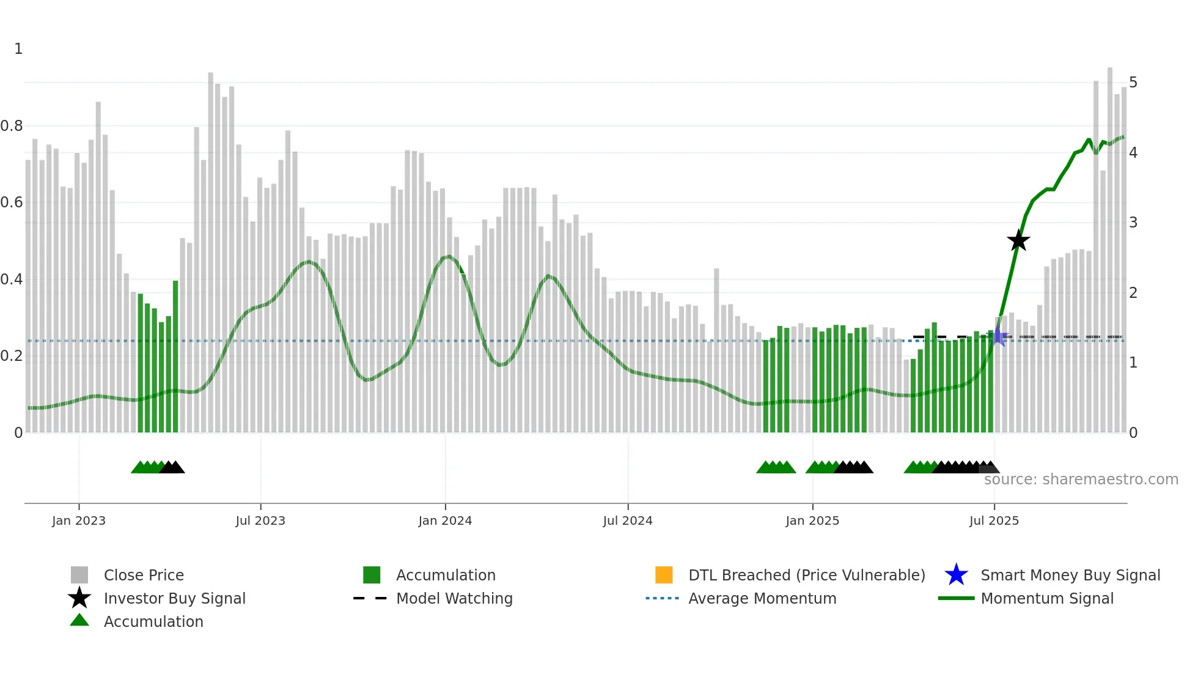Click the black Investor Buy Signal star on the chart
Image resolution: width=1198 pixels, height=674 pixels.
point(1018,241)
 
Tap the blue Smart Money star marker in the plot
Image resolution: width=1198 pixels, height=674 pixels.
point(999,336)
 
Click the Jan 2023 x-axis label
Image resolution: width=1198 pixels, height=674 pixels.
point(79,521)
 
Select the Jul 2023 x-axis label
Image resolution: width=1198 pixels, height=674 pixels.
point(260,521)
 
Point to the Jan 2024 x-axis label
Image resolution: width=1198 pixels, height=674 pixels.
point(445,521)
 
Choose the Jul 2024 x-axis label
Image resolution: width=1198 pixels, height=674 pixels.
point(628,521)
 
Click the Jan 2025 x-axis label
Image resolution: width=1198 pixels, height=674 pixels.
point(812,521)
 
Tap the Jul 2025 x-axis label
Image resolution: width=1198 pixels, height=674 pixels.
point(994,521)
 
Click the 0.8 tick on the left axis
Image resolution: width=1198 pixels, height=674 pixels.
point(12,126)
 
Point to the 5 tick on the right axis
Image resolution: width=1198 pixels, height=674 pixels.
point(1133,83)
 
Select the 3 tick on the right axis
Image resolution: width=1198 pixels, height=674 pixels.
point(1133,223)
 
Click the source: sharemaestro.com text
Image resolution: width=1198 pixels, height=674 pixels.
point(1081,480)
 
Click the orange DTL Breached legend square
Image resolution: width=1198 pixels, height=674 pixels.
point(664,575)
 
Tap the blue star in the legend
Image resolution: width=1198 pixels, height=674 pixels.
point(956,575)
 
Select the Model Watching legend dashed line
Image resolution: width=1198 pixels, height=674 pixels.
point(370,598)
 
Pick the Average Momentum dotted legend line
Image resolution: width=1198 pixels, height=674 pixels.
point(662,598)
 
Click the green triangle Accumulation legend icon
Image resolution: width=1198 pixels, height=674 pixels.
point(79,620)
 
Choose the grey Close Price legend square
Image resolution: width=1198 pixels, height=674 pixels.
point(79,575)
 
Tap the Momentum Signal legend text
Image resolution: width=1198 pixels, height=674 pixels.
point(1047,599)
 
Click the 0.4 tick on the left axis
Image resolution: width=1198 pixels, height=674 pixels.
point(12,280)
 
